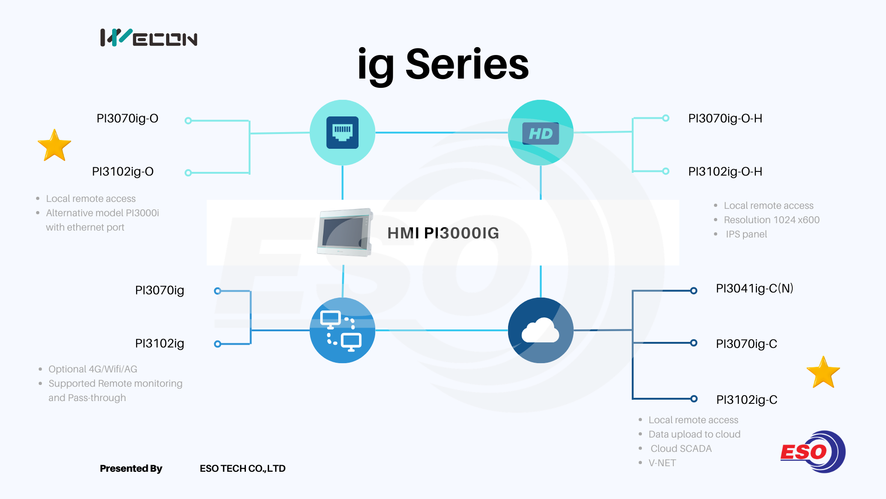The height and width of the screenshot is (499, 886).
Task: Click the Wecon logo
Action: click(x=149, y=38)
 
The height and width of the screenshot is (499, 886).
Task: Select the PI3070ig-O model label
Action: click(x=127, y=119)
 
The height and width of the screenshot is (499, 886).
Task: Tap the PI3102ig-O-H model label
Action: click(x=725, y=172)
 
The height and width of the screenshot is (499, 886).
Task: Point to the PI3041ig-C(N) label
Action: click(x=754, y=289)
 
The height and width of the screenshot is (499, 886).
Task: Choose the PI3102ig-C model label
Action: click(x=747, y=400)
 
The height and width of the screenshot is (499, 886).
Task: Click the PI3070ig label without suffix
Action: click(x=160, y=291)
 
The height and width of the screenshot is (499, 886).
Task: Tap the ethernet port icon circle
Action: click(x=342, y=133)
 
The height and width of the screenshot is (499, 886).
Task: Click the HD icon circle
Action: click(x=540, y=133)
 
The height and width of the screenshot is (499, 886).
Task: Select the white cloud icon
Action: click(x=540, y=330)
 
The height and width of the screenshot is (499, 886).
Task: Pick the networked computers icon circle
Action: click(x=342, y=330)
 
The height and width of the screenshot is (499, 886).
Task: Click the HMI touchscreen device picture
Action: click(x=345, y=232)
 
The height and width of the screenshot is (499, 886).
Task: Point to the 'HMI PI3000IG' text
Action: click(x=443, y=233)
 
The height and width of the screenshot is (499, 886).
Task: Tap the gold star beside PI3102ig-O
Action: click(x=54, y=146)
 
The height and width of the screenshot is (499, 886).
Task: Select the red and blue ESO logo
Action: click(x=813, y=452)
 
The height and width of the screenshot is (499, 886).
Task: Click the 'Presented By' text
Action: click(x=131, y=469)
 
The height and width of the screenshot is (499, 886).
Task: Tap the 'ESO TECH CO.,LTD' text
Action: click(x=242, y=469)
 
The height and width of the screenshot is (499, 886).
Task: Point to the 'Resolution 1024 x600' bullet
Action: click(x=772, y=220)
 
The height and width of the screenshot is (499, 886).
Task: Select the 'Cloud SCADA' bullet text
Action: click(x=681, y=449)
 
